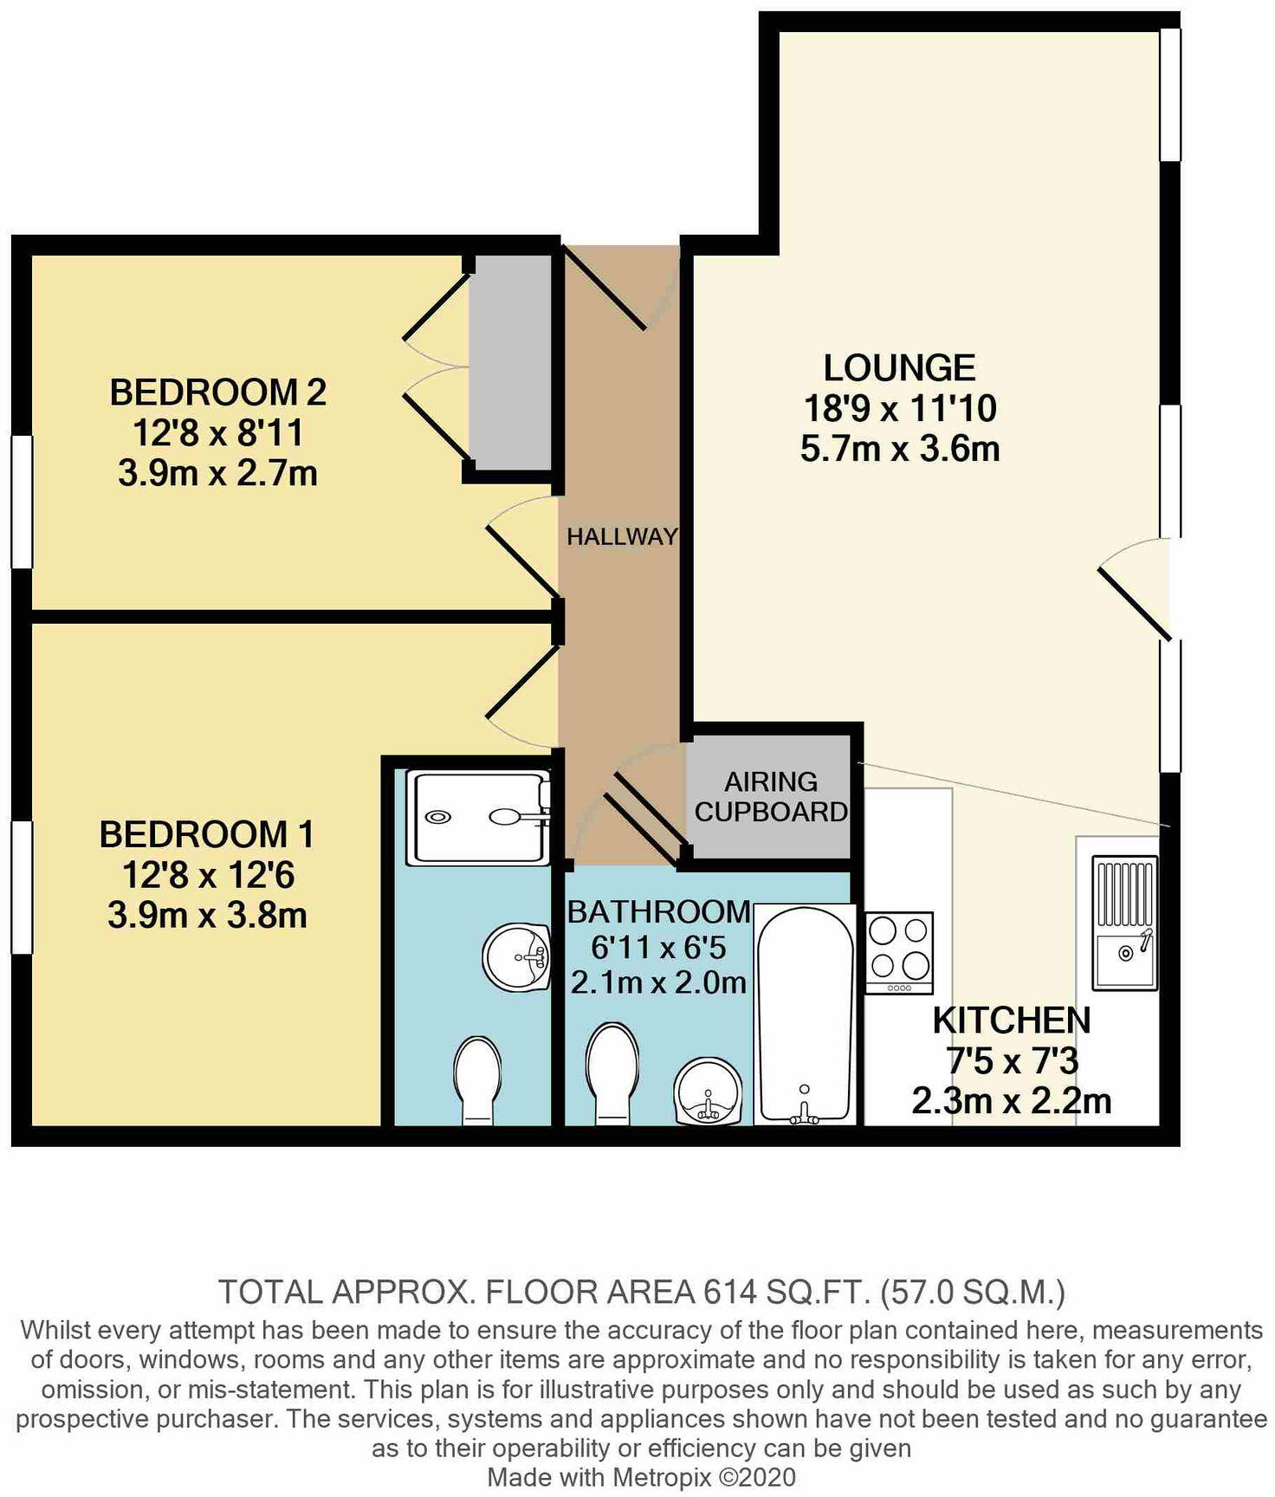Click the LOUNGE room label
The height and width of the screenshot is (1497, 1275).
pos(899,368)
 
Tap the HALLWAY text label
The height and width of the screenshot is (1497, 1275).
pos(621,536)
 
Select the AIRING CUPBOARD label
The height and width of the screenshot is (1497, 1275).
pos(770,796)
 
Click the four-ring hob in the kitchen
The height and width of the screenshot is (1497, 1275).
pos(899,952)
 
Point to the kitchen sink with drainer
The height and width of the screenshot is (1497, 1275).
pos(1124,923)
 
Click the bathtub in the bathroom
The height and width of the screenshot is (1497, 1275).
pos(804,1015)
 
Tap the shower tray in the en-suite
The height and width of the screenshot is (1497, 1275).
pos(479,817)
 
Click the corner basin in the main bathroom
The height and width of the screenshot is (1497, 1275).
pos(709,1093)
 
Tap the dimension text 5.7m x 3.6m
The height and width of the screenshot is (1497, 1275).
pos(899,450)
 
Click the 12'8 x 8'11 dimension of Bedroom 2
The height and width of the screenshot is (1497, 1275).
pos(217,433)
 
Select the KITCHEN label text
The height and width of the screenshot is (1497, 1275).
pos(1011,1021)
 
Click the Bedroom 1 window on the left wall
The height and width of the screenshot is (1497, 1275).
pos(22,887)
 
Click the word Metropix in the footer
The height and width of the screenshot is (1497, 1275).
pos(663,1477)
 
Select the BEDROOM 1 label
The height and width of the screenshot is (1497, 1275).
pos(206,834)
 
